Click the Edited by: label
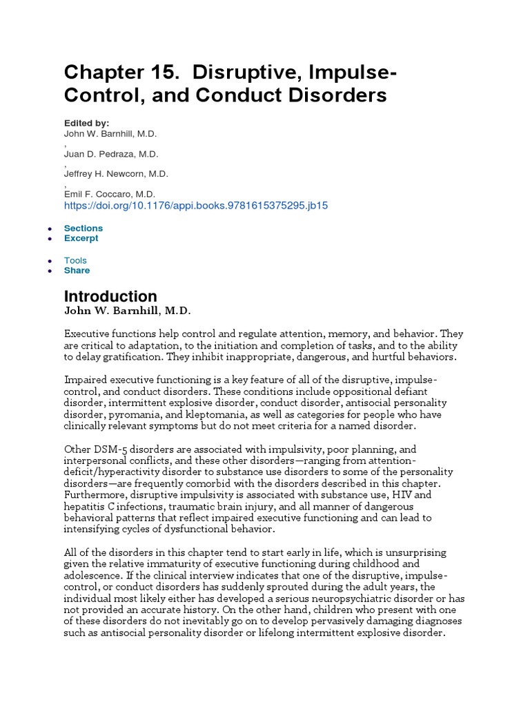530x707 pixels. (87, 123)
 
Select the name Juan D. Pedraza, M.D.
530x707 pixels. (110, 153)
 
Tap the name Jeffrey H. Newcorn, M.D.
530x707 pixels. (116, 173)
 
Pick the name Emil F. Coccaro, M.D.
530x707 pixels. (110, 194)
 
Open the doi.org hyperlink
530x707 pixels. (196, 205)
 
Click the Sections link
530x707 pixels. (84, 228)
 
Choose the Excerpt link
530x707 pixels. (81, 238)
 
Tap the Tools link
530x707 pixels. (76, 260)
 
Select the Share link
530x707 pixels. (77, 271)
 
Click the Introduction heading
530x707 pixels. (110, 296)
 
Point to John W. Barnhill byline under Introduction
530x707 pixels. (127, 311)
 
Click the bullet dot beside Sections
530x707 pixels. (50, 229)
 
